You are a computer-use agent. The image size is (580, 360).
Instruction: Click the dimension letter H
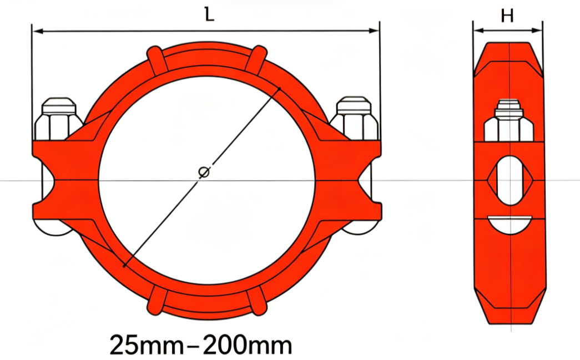point(507,16)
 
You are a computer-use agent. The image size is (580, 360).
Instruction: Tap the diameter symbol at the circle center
point(204,173)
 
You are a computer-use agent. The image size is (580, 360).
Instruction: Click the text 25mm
point(147,345)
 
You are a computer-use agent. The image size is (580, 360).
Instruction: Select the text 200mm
point(248,345)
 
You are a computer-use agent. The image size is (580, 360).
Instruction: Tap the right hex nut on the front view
point(354,119)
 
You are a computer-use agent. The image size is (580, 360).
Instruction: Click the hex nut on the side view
point(509,121)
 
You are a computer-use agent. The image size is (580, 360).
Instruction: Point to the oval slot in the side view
point(510,180)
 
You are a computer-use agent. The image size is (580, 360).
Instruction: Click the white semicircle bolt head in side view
point(510,224)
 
